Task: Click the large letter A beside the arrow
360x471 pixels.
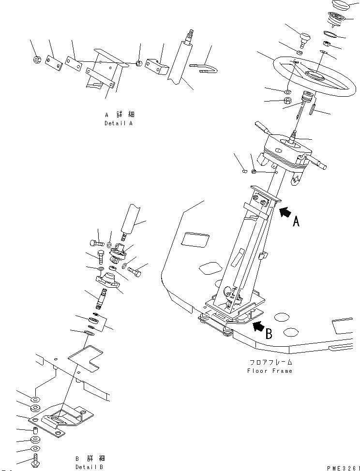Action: coord(297,221)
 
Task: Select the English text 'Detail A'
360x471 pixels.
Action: coord(118,123)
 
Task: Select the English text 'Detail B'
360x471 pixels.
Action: coord(89,467)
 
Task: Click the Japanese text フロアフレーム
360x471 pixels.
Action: coord(271,362)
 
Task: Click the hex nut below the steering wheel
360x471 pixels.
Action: coord(286,101)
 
